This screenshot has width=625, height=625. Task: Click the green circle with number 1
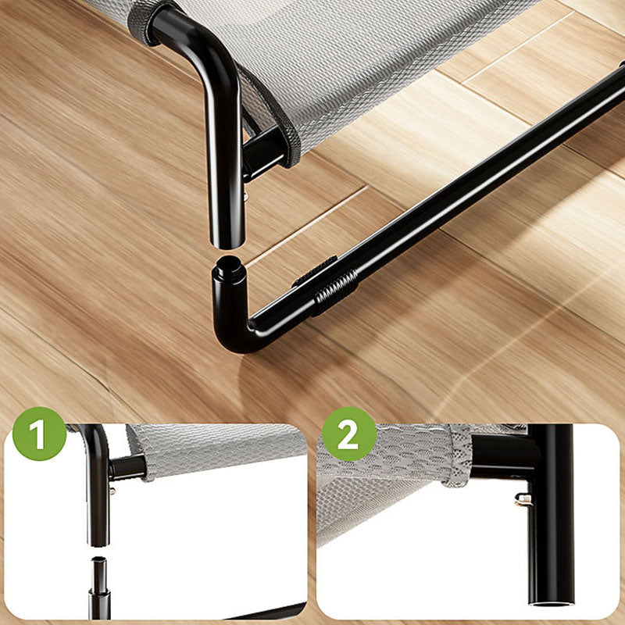tap(40, 434)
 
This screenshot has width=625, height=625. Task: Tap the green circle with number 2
tap(349, 434)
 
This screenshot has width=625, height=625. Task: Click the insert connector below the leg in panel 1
tap(99, 582)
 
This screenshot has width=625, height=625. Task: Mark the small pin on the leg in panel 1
tap(112, 491)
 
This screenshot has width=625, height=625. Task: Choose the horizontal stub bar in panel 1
tap(127, 467)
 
